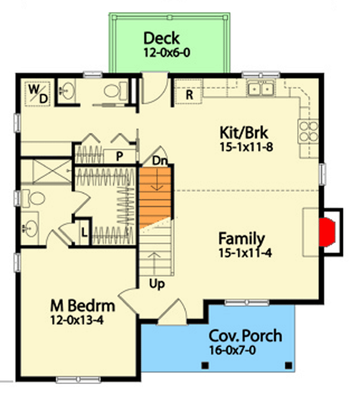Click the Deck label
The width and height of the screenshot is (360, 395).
[x=161, y=38]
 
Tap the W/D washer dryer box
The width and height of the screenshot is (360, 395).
[x=38, y=93]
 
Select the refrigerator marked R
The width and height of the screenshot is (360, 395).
[x=189, y=94]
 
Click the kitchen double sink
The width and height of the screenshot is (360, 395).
[x=261, y=89]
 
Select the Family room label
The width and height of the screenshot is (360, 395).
[x=242, y=239]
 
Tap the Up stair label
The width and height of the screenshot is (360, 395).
[x=157, y=284]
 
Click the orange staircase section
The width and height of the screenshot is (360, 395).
[x=155, y=195]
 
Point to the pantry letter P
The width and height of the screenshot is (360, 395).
[x=119, y=156]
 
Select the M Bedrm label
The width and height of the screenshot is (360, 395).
[x=82, y=306]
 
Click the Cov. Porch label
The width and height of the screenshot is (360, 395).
[x=245, y=336]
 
